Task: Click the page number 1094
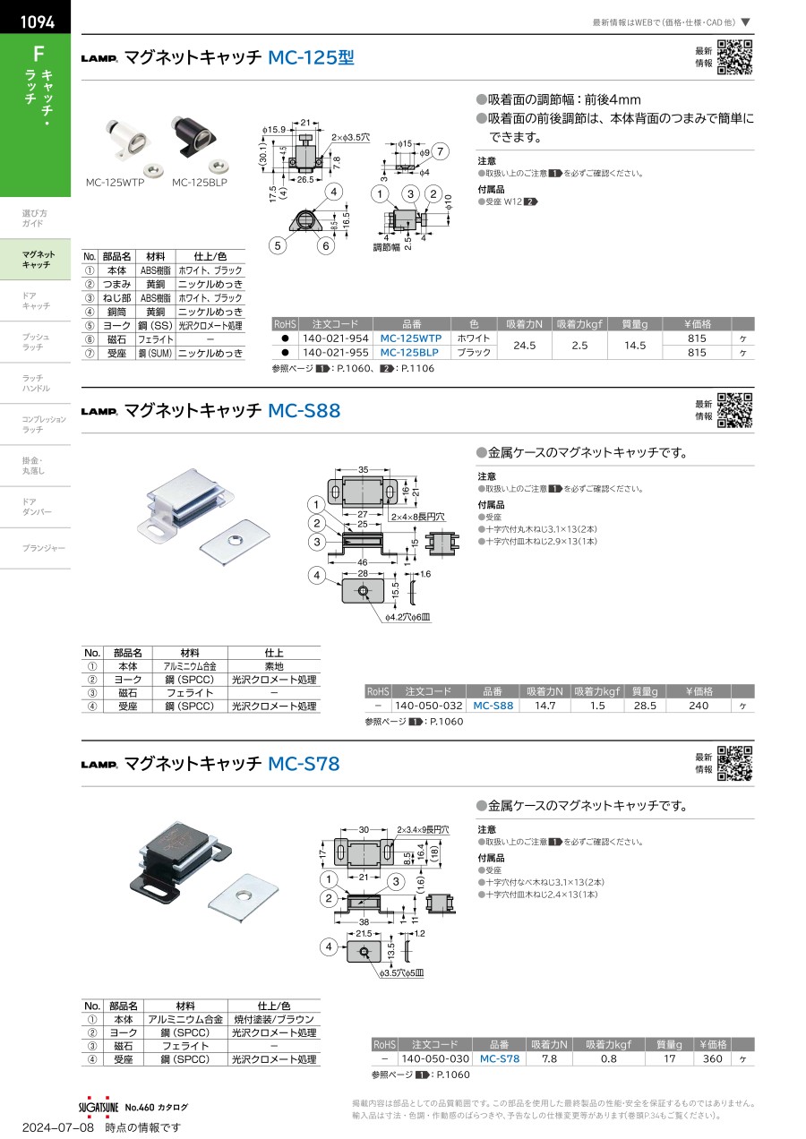[37, 21]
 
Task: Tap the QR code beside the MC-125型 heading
[734, 57]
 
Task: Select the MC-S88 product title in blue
[304, 410]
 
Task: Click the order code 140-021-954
[336, 338]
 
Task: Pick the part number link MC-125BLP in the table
[409, 353]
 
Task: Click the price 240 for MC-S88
[699, 706]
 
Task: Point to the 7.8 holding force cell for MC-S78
[549, 1058]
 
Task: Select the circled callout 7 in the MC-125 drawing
[441, 151]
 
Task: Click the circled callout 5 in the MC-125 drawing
[278, 245]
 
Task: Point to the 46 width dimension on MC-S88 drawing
[362, 562]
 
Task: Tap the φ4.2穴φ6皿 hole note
[407, 617]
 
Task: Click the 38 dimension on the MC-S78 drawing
[364, 922]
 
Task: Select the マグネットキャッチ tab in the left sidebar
[36, 260]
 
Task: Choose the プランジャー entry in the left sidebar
[43, 548]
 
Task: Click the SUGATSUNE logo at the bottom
[99, 1107]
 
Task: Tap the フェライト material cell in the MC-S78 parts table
[185, 1046]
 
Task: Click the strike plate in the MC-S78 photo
[243, 899]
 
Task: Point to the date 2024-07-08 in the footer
[58, 1127]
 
